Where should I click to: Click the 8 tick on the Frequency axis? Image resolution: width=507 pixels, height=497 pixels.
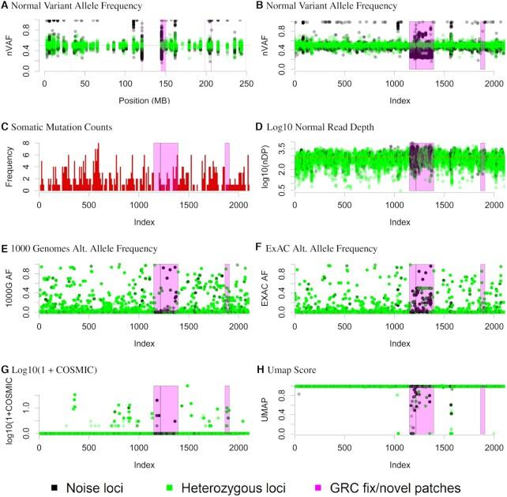click(x=28, y=144)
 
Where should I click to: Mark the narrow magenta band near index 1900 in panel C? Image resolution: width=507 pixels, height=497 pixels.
click(x=227, y=167)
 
